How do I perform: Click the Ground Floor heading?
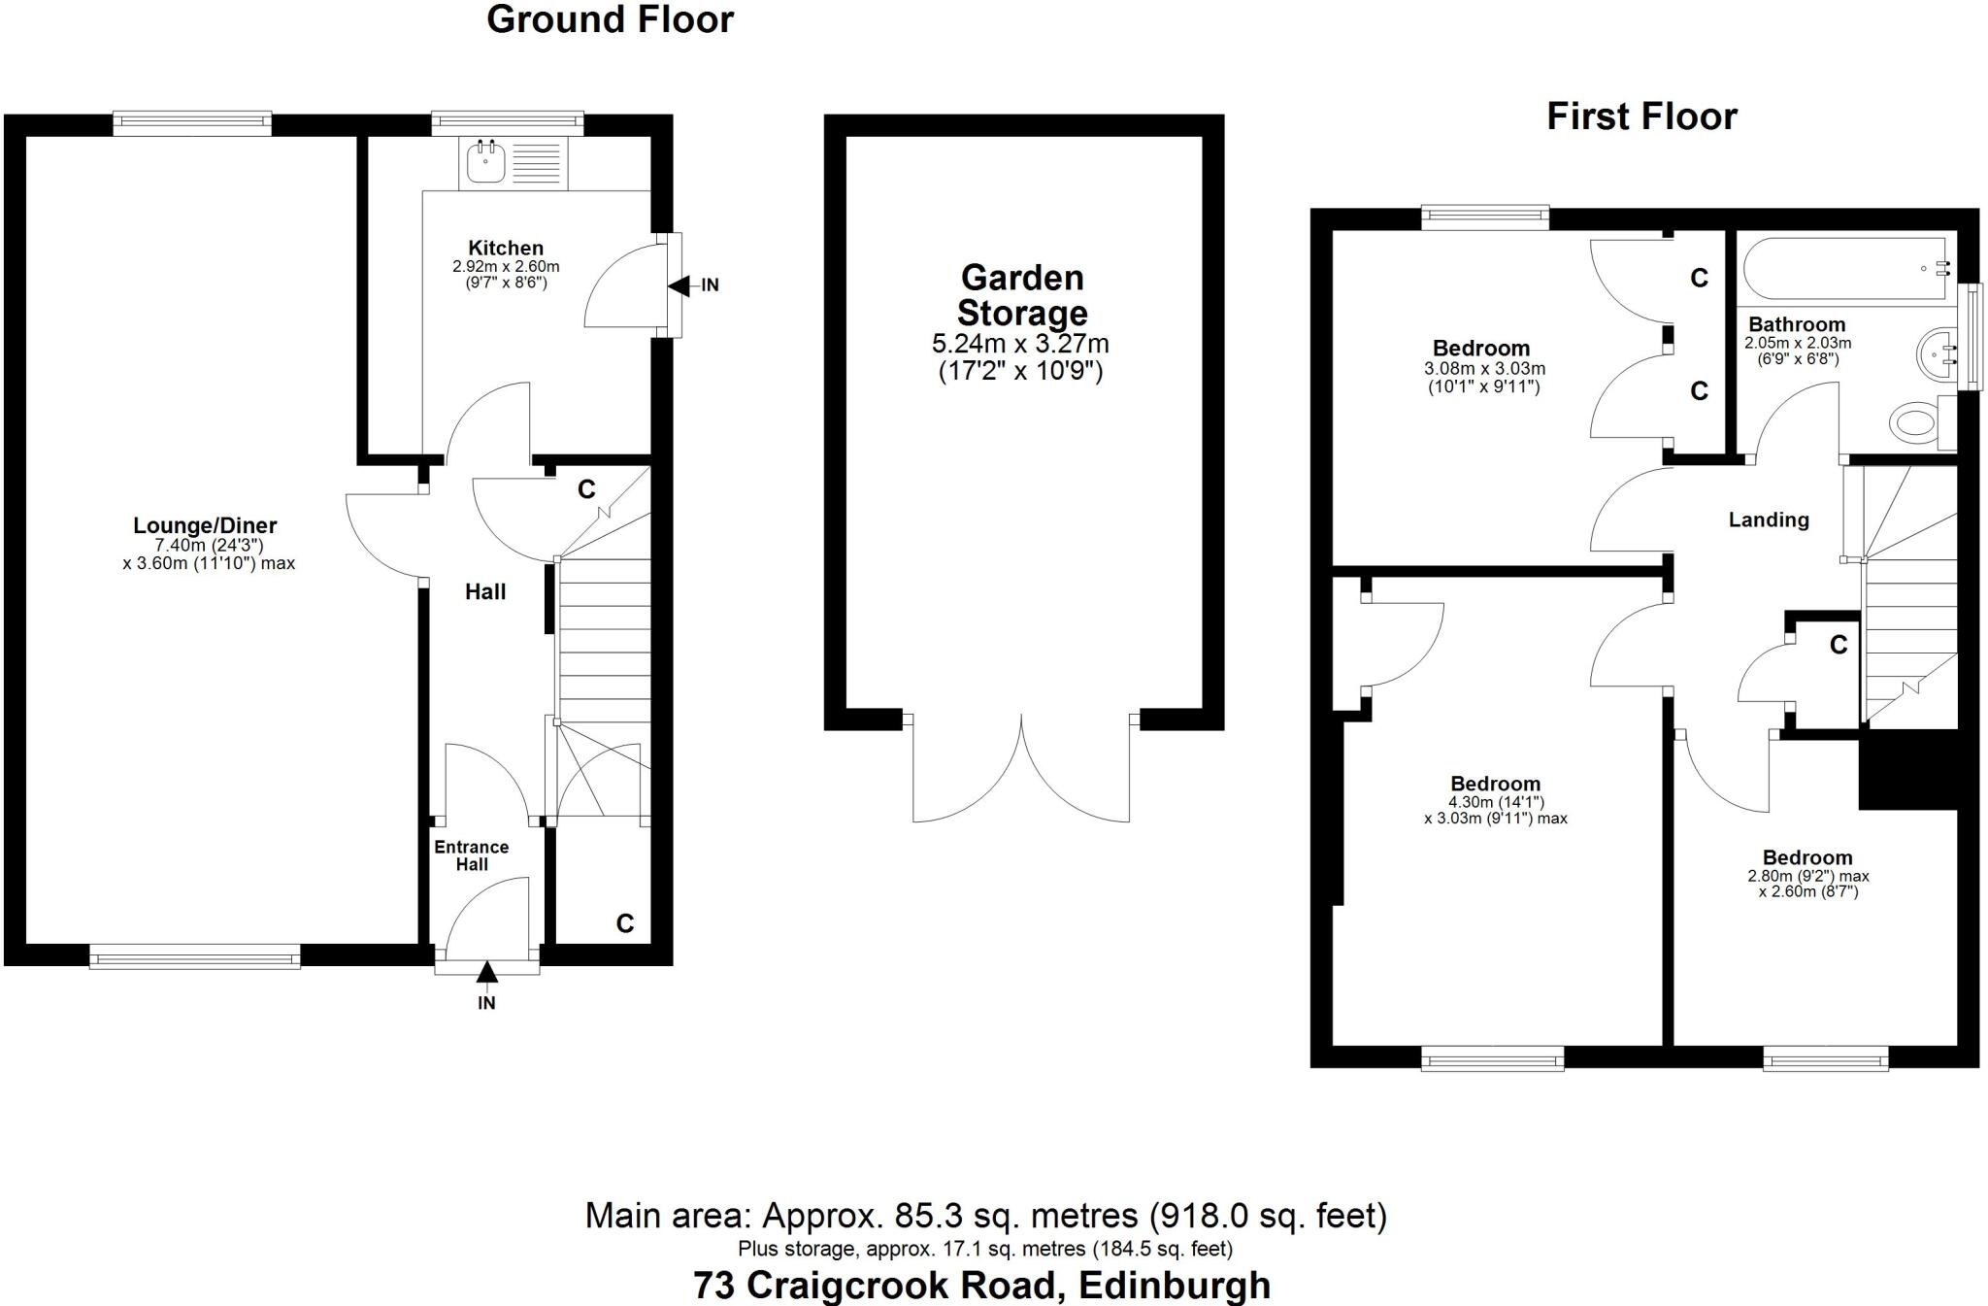(610, 19)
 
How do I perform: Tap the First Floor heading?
(1641, 117)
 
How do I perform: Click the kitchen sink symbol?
(485, 161)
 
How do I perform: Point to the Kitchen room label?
(506, 249)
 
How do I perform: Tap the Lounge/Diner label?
(205, 525)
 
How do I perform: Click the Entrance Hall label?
(472, 855)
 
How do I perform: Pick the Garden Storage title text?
(1022, 295)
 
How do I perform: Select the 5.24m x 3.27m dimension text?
(1020, 344)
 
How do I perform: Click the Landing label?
(1769, 520)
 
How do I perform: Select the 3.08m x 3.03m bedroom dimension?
(1484, 369)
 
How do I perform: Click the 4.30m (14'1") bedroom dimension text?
(1496, 803)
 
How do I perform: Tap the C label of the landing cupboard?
(1839, 645)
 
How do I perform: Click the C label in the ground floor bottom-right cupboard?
(625, 923)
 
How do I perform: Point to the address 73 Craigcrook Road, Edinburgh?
(981, 1286)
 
